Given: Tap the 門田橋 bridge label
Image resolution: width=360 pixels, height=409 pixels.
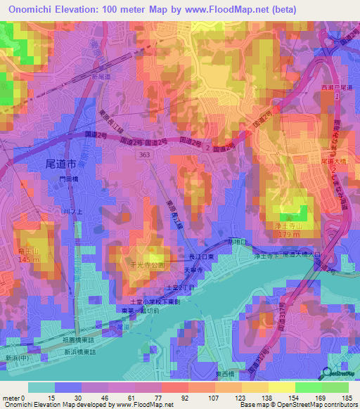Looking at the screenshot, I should coord(70,180).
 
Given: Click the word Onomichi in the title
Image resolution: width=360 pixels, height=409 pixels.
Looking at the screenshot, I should coord(35,9).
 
